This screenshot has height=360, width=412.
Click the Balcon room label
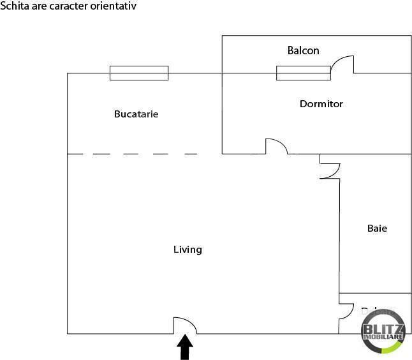tap(303, 50)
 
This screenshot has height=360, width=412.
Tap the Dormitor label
tap(321, 103)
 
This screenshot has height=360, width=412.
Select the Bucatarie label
tap(136, 114)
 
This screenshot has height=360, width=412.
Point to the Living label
tap(188, 250)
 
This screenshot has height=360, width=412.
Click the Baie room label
tap(377, 228)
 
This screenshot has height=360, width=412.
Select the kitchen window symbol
tap(139, 73)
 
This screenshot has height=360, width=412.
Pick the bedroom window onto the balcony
tap(303, 73)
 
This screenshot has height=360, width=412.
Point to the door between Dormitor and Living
tap(277, 146)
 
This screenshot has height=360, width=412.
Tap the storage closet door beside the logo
tap(346, 311)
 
